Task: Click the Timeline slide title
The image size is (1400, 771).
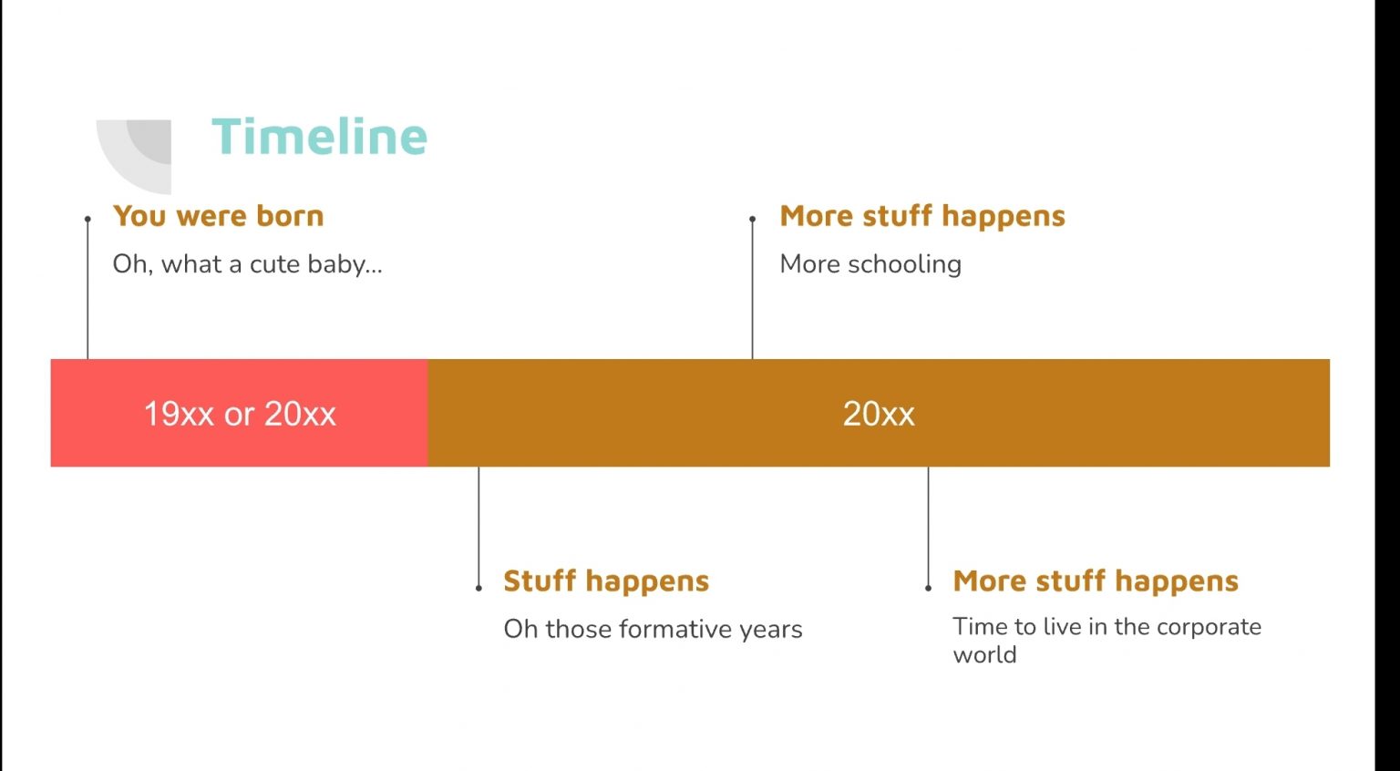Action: pos(319,136)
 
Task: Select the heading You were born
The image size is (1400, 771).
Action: pos(218,216)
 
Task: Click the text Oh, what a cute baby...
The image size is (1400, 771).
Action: pos(247,264)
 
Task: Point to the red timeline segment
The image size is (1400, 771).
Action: pos(240,413)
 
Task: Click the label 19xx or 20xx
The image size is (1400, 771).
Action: pos(240,414)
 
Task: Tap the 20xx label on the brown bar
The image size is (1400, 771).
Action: pos(879,414)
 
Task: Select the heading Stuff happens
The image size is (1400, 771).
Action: pos(606,581)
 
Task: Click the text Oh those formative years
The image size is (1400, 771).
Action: pos(654,629)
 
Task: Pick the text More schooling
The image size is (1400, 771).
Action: pos(870,264)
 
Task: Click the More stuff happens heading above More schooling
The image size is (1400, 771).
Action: pos(922,216)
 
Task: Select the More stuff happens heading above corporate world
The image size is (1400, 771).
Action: pos(1096,581)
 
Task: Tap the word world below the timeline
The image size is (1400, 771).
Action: pos(985,654)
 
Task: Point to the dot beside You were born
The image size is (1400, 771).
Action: pos(87,220)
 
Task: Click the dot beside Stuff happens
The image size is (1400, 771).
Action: pos(479,588)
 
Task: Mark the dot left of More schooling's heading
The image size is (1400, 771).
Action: pos(753,220)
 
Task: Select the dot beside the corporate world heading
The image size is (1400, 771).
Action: pos(928,588)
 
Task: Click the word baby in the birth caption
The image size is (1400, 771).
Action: pos(345,265)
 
